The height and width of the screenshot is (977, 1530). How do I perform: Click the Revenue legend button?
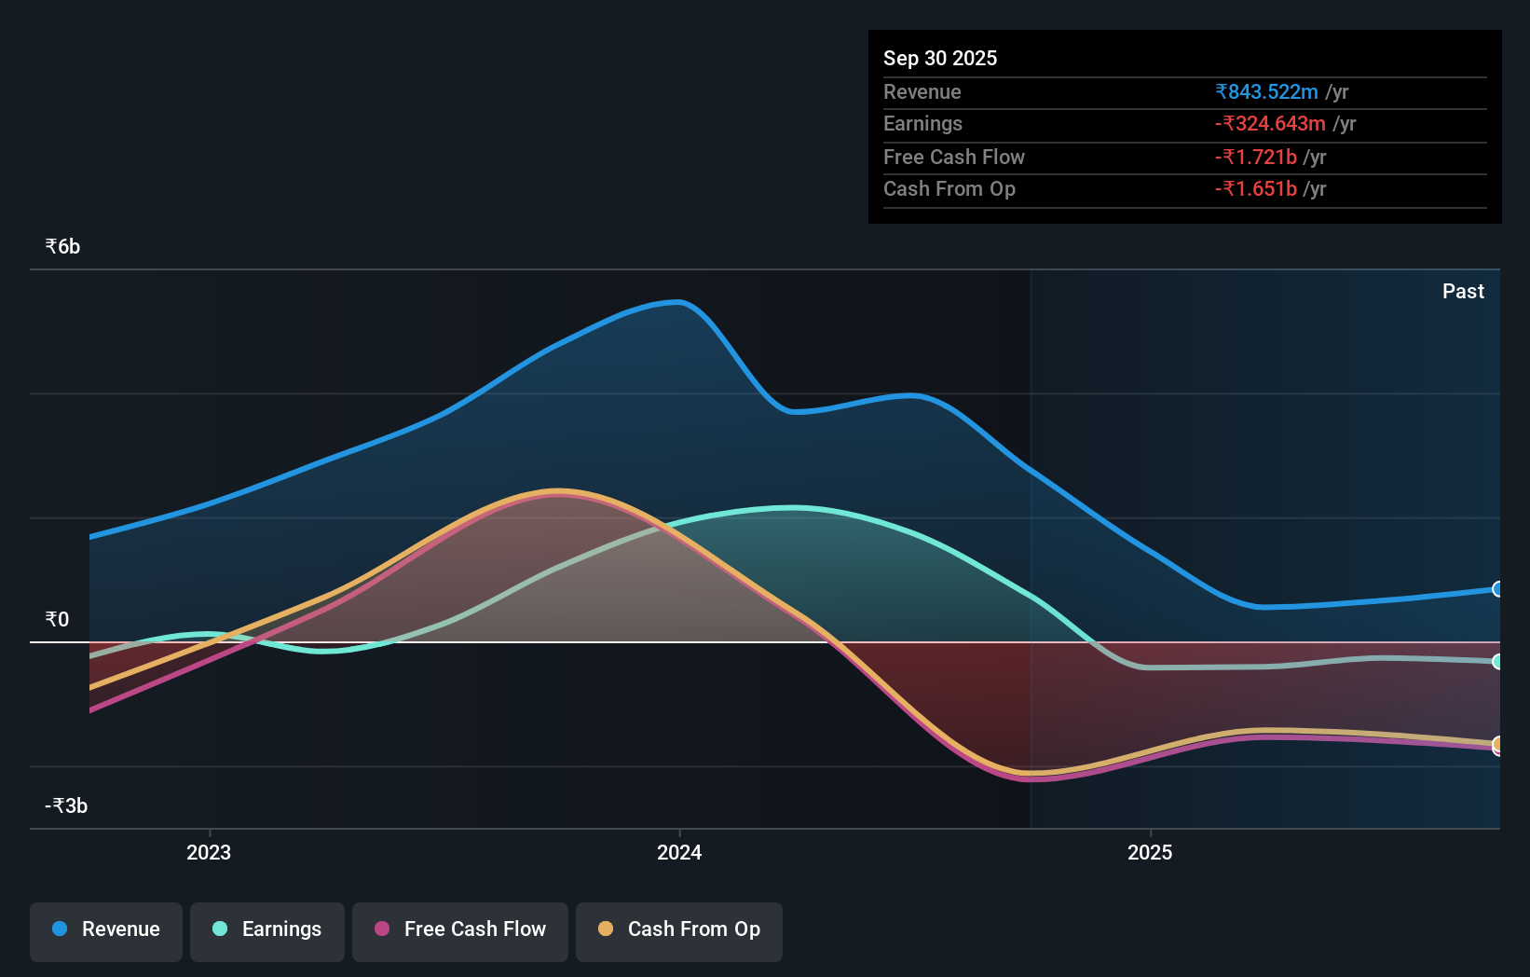106,929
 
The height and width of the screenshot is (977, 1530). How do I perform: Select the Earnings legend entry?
267,929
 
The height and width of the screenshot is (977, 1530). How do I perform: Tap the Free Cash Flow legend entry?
460,929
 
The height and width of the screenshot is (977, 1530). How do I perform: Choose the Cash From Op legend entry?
679,929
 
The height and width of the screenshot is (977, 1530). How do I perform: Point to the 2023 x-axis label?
209,853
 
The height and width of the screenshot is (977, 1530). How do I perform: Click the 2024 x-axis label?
679,853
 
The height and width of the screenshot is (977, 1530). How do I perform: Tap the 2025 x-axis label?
1150,853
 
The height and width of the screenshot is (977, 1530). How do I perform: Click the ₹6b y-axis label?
62,247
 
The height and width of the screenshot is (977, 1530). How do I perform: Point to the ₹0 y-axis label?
57,620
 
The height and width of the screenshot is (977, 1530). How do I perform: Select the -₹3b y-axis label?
66,806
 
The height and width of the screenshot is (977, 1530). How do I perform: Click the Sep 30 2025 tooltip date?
940,59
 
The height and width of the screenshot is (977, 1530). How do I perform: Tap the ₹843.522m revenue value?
1266,92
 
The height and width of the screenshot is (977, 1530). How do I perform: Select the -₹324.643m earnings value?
1270,124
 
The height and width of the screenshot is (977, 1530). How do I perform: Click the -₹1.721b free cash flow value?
1256,158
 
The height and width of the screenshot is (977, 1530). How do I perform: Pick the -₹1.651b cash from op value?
1256,189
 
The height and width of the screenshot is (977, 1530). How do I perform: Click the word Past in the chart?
1463,292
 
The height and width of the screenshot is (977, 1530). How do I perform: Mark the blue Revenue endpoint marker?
1497,589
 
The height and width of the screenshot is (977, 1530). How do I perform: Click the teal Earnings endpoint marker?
1497,662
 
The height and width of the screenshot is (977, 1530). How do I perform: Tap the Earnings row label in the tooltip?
922,124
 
